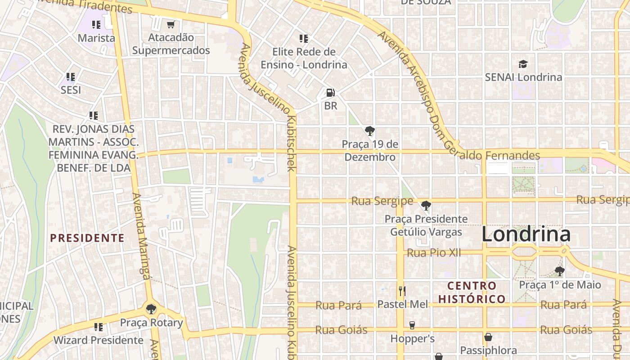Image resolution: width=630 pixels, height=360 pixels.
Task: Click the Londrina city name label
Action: coord(526,234)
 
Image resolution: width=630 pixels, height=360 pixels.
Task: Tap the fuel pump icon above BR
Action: coord(331,93)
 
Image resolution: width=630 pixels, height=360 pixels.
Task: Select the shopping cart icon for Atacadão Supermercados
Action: coord(171,24)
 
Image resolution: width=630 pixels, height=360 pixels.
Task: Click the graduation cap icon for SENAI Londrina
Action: coord(523,64)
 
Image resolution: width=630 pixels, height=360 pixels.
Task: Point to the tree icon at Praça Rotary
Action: coord(151,309)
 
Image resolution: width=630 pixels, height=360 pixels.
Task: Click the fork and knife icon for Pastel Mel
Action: coord(402,291)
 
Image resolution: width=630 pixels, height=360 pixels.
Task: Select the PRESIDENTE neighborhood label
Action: coord(87,238)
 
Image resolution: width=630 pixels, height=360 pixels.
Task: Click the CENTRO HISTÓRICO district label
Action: coord(472,292)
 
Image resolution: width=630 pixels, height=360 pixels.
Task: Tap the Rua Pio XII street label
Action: coord(434,253)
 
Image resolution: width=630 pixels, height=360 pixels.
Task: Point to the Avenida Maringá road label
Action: coord(141,236)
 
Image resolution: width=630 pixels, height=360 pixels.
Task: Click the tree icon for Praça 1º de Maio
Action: coord(560,271)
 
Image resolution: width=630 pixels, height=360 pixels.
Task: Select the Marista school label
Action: coord(96,38)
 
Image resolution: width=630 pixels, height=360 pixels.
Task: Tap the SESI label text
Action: coord(71,90)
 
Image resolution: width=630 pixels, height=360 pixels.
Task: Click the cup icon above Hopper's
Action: coord(412,325)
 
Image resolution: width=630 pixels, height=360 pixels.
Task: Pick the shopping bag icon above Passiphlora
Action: coord(488,337)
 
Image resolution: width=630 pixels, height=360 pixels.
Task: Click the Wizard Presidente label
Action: coord(99,340)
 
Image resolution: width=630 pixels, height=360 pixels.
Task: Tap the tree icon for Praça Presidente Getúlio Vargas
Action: coord(426,206)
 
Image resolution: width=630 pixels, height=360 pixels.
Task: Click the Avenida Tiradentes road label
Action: coord(83,5)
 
